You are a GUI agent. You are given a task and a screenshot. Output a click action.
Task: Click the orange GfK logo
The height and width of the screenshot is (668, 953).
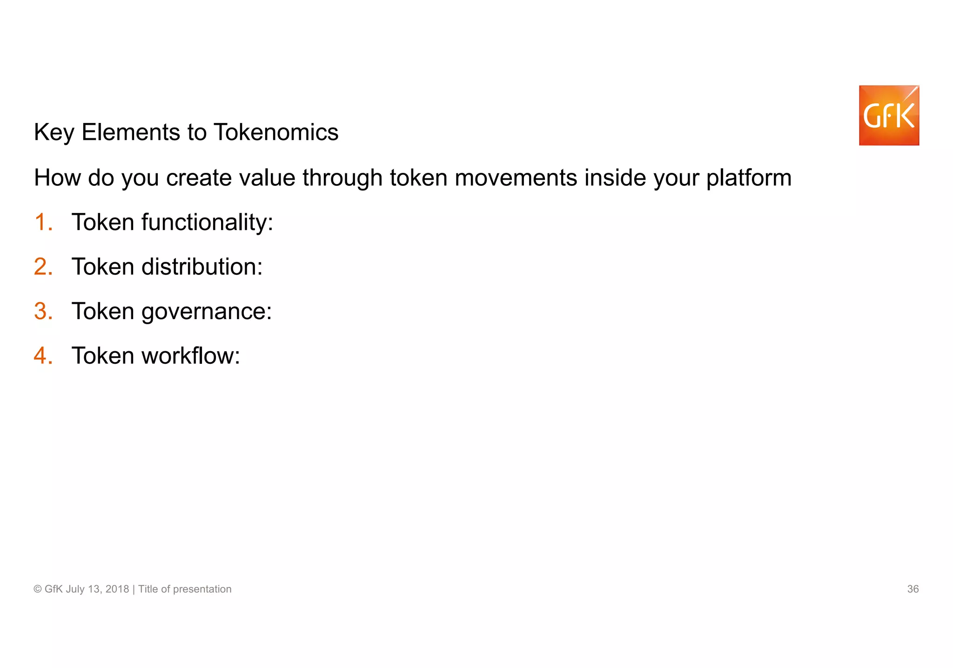(x=889, y=116)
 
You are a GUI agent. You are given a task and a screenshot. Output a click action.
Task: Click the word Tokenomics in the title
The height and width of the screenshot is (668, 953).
(x=276, y=132)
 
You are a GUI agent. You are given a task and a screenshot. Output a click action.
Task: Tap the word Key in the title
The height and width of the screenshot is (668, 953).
(x=54, y=132)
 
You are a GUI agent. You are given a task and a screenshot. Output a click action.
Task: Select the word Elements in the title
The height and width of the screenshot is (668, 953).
(x=131, y=132)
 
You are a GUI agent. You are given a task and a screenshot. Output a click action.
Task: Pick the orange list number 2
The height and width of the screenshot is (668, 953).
(x=43, y=267)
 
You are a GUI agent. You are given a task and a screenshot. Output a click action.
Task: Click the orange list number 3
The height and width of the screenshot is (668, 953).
(x=43, y=311)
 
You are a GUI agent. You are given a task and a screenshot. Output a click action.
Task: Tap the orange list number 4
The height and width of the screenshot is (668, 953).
(x=43, y=356)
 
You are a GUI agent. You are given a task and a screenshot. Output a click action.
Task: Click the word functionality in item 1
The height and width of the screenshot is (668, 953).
(x=207, y=222)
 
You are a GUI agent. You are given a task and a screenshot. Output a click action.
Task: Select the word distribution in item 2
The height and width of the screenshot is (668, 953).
(x=202, y=267)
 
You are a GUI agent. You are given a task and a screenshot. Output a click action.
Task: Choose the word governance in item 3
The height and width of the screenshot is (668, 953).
(x=207, y=311)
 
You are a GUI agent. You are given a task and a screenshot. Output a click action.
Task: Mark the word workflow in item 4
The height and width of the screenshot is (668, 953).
(x=191, y=356)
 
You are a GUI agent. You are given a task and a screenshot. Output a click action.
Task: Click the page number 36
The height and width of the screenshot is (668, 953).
(x=913, y=589)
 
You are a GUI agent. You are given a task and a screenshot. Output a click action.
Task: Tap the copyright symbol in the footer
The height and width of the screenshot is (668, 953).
(x=38, y=589)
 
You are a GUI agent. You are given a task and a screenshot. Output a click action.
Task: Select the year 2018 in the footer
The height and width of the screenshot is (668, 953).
(x=117, y=589)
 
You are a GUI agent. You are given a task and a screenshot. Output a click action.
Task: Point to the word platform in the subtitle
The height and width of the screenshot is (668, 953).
(x=749, y=178)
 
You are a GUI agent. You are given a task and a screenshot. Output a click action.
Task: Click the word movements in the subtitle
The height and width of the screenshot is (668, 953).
(x=516, y=178)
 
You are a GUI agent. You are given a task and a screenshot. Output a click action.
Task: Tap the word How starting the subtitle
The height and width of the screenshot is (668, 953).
(x=57, y=178)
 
